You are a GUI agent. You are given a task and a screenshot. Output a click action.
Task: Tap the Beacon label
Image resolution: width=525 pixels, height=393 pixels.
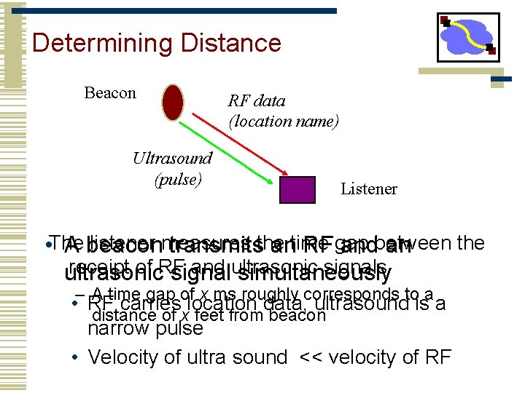pyautogui.click(x=110, y=93)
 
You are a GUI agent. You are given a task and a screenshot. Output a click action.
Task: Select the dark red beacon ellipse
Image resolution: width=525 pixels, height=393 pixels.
pyautogui.click(x=173, y=103)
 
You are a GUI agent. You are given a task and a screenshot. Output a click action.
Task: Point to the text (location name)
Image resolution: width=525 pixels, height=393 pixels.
pyautogui.click(x=284, y=122)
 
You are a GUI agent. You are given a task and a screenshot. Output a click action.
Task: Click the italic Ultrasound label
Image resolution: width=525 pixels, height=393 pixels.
pyautogui.click(x=172, y=158)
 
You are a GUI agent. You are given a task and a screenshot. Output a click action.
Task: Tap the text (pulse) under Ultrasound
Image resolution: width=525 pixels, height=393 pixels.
pyautogui.click(x=177, y=178)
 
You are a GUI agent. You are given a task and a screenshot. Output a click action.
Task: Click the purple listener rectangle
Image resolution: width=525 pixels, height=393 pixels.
pyautogui.click(x=297, y=190)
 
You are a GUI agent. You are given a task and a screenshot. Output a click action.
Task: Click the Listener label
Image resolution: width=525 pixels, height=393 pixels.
pyautogui.click(x=369, y=189)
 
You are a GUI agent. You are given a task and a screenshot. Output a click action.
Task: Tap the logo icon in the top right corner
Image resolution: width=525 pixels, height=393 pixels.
pyautogui.click(x=467, y=37)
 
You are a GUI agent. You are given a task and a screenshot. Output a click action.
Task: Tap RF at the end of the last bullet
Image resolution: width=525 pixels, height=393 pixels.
pyautogui.click(x=437, y=357)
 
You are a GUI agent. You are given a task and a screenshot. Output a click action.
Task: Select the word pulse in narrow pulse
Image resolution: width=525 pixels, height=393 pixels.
pyautogui.click(x=177, y=328)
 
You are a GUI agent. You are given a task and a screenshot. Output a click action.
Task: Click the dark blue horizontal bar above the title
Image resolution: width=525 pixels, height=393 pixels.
pyautogui.click(x=182, y=12)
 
